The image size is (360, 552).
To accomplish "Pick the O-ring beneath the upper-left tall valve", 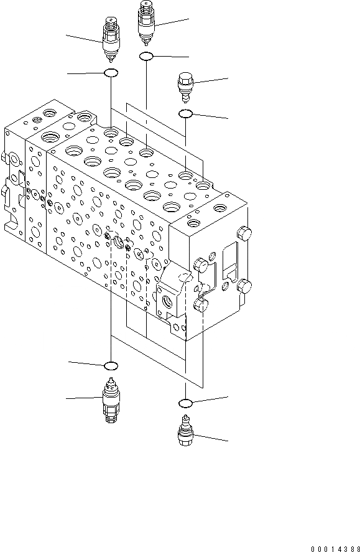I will (x=111, y=74).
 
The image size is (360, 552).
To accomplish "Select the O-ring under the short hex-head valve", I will (x=185, y=113).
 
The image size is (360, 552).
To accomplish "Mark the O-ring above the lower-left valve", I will (x=111, y=364).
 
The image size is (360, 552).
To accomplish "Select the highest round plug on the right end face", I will (x=243, y=235).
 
